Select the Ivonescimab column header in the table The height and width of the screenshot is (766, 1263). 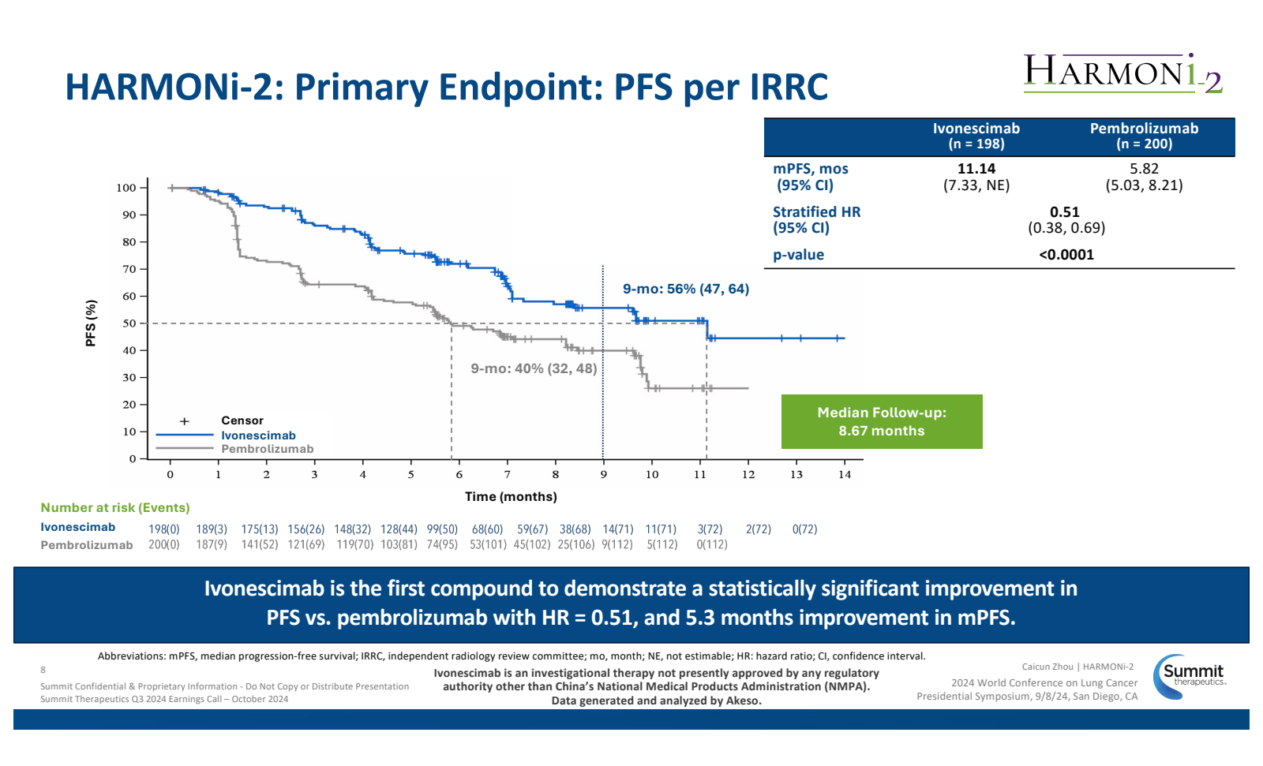click(x=976, y=136)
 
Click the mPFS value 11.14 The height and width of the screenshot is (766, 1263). click(x=976, y=169)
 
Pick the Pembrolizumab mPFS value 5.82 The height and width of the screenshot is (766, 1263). click(x=1144, y=169)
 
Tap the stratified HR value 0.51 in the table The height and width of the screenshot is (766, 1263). click(x=1064, y=212)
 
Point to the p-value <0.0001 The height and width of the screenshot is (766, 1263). click(x=1066, y=255)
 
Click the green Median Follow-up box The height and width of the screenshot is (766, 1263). click(x=881, y=421)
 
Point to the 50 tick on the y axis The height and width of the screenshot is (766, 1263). click(x=129, y=323)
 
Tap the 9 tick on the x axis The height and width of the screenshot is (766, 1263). click(x=603, y=474)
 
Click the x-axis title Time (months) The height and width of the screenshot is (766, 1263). click(x=511, y=496)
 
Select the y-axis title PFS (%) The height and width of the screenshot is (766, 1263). click(x=91, y=323)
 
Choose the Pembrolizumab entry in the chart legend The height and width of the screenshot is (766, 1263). click(x=267, y=449)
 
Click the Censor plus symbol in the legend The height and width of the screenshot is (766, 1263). click(x=185, y=421)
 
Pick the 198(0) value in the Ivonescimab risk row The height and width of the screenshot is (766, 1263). click(x=164, y=529)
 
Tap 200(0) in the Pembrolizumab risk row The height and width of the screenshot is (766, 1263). click(x=164, y=544)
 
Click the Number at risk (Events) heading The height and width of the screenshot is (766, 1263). click(x=115, y=508)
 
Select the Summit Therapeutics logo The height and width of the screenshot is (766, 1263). click(x=1189, y=676)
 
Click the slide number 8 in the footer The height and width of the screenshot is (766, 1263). click(x=43, y=670)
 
